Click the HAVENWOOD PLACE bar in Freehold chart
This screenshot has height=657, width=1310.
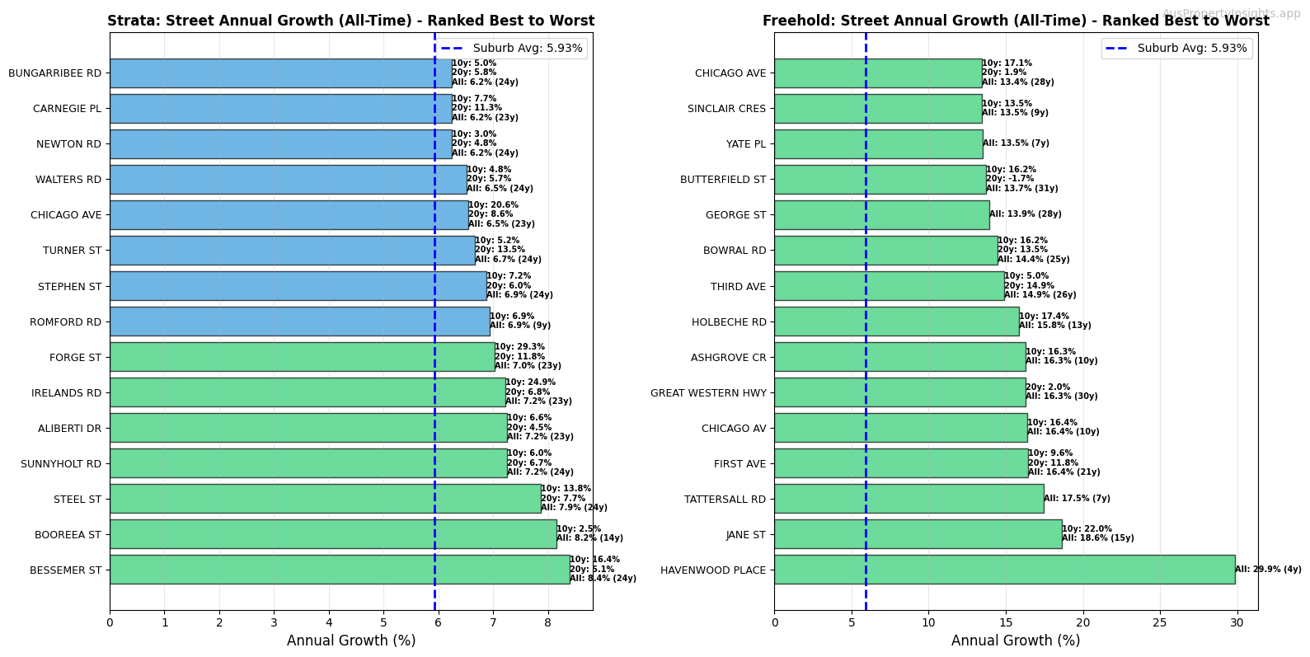point(1004,570)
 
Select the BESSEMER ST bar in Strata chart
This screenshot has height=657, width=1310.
point(339,570)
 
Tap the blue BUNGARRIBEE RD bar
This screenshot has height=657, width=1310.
point(280,73)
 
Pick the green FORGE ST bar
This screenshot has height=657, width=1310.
point(302,357)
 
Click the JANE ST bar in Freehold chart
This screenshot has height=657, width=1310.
point(918,534)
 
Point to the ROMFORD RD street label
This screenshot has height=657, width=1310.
point(65,322)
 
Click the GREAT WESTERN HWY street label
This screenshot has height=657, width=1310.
point(708,393)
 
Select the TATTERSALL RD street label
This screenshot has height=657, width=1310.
point(725,500)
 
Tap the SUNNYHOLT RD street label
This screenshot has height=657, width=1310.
point(61,464)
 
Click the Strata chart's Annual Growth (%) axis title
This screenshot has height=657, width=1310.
point(351,641)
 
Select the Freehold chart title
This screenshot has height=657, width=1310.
point(1016,21)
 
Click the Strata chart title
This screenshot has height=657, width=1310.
point(351,21)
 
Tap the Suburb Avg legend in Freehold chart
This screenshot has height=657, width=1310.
point(1176,49)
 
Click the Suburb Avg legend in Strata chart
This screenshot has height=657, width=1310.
point(512,49)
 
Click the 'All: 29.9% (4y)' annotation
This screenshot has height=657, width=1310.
point(1268,570)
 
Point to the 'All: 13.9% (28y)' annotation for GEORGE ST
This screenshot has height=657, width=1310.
point(1025,214)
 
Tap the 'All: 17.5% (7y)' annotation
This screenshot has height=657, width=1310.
point(1077,499)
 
